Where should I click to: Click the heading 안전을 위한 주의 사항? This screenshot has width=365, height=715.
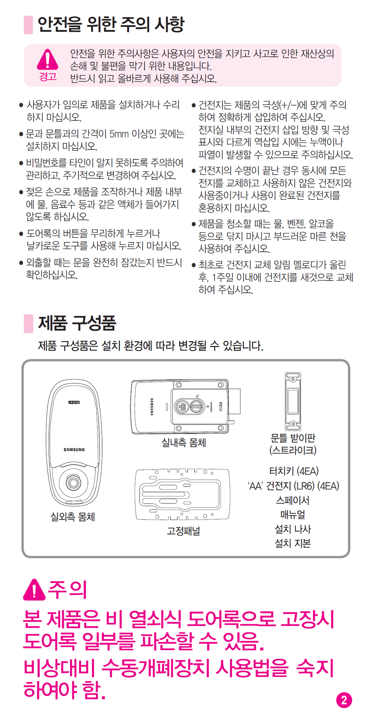pyautogui.click(x=111, y=24)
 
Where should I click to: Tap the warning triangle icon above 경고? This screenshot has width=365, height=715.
pyautogui.click(x=47, y=59)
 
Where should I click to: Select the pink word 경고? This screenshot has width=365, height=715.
pyautogui.click(x=48, y=76)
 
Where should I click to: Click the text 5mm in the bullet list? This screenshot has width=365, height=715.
pyautogui.click(x=119, y=134)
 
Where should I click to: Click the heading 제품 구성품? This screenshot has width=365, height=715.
pyautogui.click(x=77, y=323)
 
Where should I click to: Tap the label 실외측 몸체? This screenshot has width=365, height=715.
pyautogui.click(x=73, y=517)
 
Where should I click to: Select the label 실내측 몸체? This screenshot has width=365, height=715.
pyautogui.click(x=184, y=443)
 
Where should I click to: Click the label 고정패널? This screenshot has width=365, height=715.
pyautogui.click(x=184, y=531)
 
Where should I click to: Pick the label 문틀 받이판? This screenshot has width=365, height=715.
pyautogui.click(x=293, y=438)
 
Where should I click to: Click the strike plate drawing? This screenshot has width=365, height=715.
pyautogui.click(x=293, y=401)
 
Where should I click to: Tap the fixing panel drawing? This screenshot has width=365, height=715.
pyautogui.click(x=182, y=494)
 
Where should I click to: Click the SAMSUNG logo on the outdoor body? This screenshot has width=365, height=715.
pyautogui.click(x=74, y=450)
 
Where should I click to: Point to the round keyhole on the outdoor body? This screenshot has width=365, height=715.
pyautogui.click(x=73, y=482)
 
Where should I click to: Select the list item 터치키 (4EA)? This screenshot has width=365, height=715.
pyautogui.click(x=294, y=471)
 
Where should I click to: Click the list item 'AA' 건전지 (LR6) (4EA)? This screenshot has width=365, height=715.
pyautogui.click(x=293, y=486)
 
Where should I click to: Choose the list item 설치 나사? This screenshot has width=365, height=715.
pyautogui.click(x=293, y=529)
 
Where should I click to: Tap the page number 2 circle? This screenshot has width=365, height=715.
pyautogui.click(x=344, y=700)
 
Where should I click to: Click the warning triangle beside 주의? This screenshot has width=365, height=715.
pyautogui.click(x=34, y=590)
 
